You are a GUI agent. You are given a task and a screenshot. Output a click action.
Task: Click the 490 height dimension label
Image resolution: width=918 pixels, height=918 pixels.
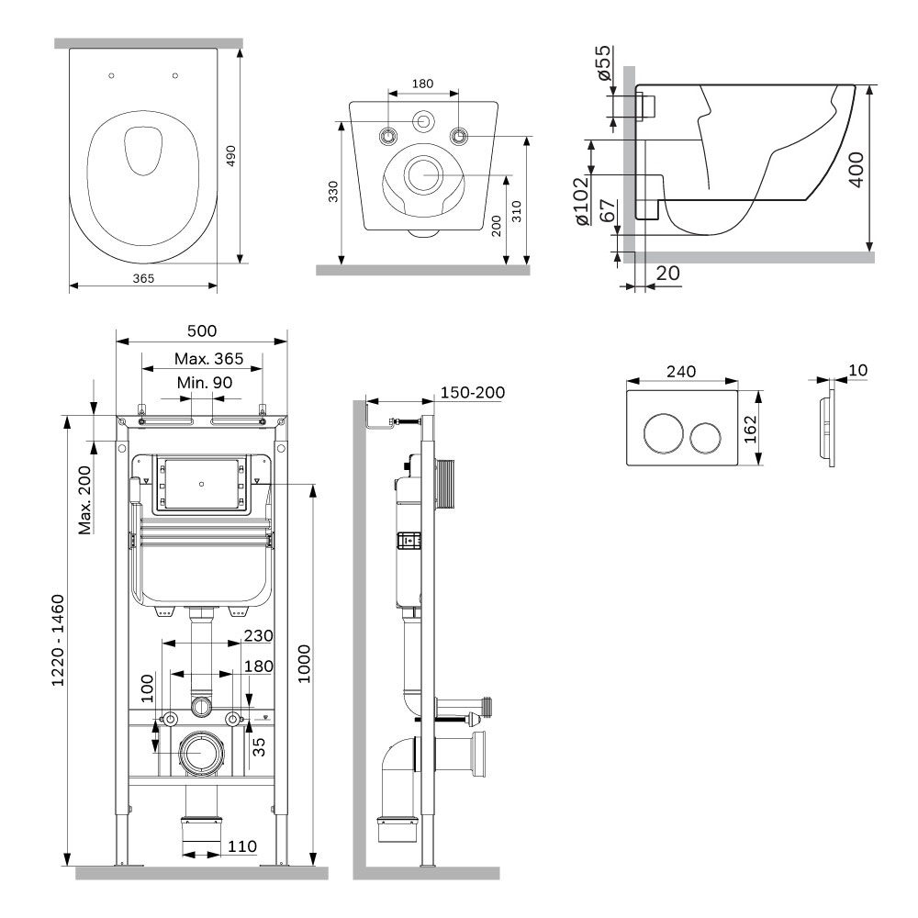click(x=231, y=156)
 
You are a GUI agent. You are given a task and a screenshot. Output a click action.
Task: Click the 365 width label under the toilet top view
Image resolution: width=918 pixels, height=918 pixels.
click(x=143, y=279)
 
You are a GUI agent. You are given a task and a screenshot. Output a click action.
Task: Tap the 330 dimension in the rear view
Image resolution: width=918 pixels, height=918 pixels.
click(x=333, y=192)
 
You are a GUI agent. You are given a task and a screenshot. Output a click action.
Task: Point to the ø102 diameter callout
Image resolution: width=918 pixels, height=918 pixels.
click(x=581, y=201)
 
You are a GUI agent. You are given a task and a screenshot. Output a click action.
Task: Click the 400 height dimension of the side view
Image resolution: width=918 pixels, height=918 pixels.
click(x=856, y=169)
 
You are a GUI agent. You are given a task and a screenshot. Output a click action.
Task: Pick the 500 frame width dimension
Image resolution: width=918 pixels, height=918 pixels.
click(x=202, y=330)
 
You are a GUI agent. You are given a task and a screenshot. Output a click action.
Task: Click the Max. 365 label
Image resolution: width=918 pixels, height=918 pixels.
click(x=209, y=358)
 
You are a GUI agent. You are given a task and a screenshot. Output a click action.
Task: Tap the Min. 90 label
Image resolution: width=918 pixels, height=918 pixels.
click(x=205, y=382)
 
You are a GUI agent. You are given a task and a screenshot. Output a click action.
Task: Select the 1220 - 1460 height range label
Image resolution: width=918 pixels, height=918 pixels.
click(x=58, y=641)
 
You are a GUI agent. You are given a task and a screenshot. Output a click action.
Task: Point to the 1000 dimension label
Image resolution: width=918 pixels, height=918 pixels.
click(x=305, y=664)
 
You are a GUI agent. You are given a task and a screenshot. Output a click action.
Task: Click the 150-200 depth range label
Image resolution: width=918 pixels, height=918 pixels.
click(x=473, y=392)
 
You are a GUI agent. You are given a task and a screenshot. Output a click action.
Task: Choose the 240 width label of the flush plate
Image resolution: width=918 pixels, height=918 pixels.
click(x=681, y=371)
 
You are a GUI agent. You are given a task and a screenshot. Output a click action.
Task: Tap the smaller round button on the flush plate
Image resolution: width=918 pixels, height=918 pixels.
click(x=705, y=438)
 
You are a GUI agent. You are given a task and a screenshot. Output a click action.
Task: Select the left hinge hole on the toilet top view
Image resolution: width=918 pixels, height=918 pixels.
click(x=112, y=75)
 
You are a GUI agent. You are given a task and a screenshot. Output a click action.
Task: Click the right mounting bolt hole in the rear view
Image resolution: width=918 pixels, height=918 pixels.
click(x=459, y=137)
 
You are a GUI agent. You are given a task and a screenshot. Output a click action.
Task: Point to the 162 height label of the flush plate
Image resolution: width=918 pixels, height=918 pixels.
click(x=751, y=429)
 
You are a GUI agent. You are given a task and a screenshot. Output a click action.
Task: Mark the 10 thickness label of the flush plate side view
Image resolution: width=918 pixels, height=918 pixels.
click(x=857, y=370)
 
